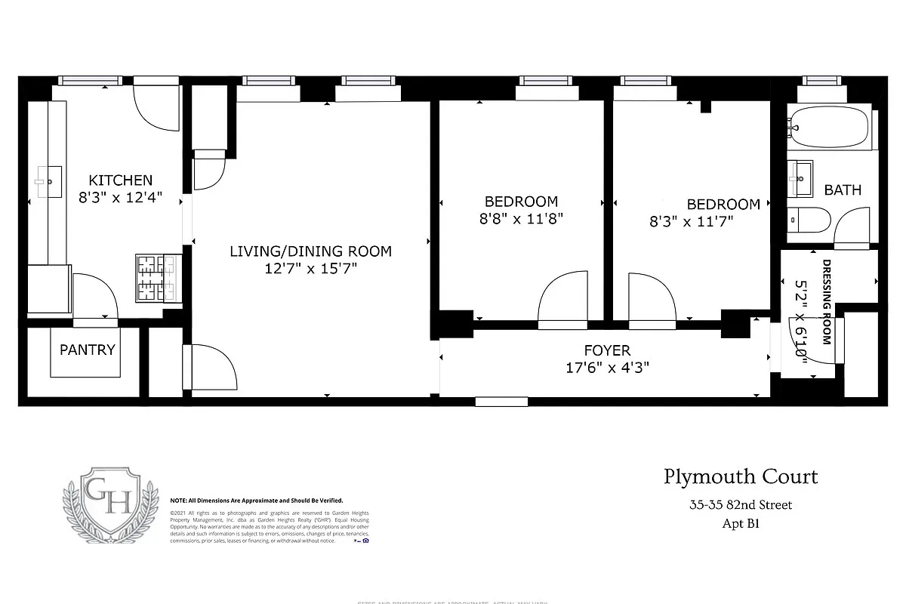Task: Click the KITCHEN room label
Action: pyautogui.click(x=121, y=180)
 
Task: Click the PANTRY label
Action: pyautogui.click(x=88, y=350)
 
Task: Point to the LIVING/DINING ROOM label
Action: pyautogui.click(x=310, y=251)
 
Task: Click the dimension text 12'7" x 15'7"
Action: pyautogui.click(x=310, y=268)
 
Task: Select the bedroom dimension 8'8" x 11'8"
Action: pyautogui.click(x=521, y=219)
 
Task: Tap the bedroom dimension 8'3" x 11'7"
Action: pyautogui.click(x=692, y=222)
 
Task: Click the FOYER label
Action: pyautogui.click(x=607, y=351)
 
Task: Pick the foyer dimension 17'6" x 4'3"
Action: pyautogui.click(x=607, y=368)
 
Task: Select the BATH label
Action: pyautogui.click(x=843, y=190)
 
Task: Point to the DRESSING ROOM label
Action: pyautogui.click(x=827, y=302)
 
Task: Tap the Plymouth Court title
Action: pyautogui.click(x=741, y=477)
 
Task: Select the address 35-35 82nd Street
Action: pyautogui.click(x=740, y=505)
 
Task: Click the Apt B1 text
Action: pyautogui.click(x=740, y=524)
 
